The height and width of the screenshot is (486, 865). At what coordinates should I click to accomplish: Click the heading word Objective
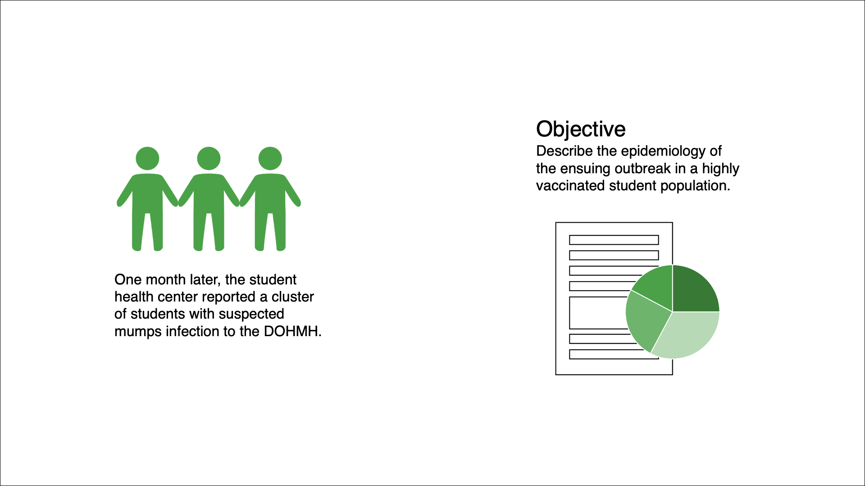(581, 130)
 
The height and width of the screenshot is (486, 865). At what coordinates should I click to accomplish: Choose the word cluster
(292, 297)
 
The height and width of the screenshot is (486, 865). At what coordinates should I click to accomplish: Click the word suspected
(251, 315)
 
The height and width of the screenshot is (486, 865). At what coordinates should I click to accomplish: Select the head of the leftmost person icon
(147, 158)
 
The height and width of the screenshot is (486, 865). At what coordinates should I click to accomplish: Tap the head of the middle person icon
(209, 158)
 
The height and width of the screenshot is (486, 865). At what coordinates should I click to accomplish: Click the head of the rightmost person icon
(270, 158)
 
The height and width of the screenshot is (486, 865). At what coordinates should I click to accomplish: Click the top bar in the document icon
(614, 240)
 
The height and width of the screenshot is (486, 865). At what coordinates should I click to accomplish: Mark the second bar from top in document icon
(614, 255)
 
